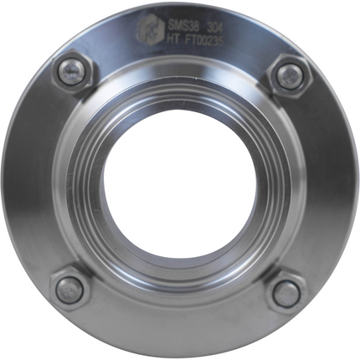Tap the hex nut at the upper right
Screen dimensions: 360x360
pyautogui.click(x=288, y=76)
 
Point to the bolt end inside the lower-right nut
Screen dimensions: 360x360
pyautogui.click(x=286, y=292)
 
